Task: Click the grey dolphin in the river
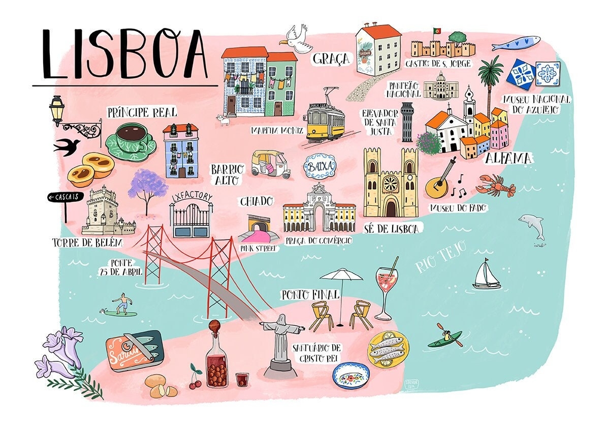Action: tap(532, 225)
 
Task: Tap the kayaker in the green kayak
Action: tap(445, 337)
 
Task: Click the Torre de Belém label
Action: tap(87, 242)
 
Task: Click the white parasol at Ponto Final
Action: tap(341, 276)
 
